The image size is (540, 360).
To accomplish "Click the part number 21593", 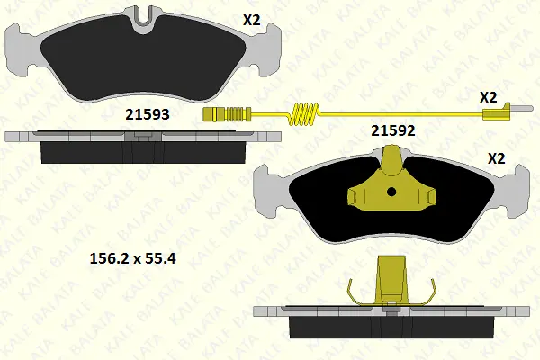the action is tap(148, 114).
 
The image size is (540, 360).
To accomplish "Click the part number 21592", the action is tap(393, 130).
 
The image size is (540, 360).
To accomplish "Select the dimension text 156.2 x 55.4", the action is tap(132, 258).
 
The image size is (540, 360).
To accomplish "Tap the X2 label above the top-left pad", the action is tap(252, 21).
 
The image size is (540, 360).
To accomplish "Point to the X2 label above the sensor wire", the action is tap(489, 97).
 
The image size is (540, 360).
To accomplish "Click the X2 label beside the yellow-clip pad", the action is tap(497, 158).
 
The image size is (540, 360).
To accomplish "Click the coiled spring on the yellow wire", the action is tap(304, 113).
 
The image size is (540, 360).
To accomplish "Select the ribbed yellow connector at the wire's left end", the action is tap(227, 114).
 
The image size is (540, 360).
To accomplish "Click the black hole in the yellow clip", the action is tap(391, 192).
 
